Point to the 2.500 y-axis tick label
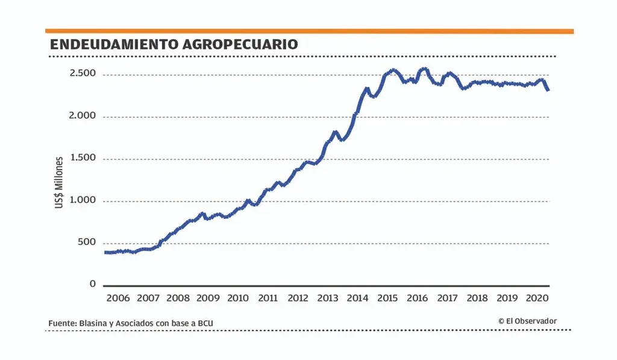(x=83, y=74)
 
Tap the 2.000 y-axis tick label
(x=82, y=116)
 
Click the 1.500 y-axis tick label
(x=83, y=158)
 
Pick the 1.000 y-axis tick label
(x=83, y=200)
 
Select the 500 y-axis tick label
(x=87, y=242)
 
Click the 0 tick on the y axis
(x=93, y=284)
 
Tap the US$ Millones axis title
(x=59, y=183)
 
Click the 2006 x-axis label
(x=118, y=298)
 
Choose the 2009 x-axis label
(x=208, y=298)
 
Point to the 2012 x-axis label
(x=298, y=298)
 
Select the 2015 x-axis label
(x=387, y=298)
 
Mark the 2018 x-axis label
(x=477, y=298)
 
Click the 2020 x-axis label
(x=537, y=298)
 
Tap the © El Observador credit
(x=527, y=321)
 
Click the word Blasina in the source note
(x=93, y=324)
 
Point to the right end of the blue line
(x=547, y=90)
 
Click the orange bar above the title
(x=309, y=31)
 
